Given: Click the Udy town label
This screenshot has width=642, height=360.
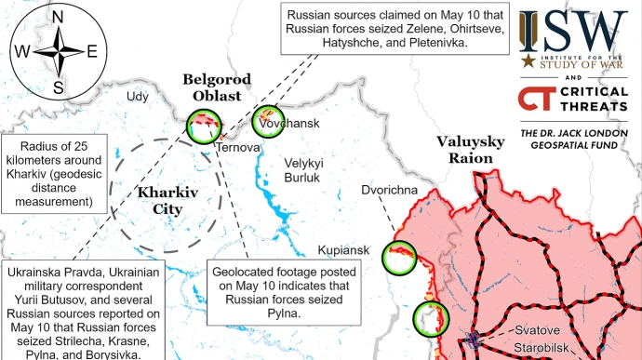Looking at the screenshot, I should coord(138,96).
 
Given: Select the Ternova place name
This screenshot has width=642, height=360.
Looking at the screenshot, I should coord(236,147).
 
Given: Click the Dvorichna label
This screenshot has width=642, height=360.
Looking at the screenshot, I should coord(391,192).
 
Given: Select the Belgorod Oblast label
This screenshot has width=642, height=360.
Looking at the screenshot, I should coord(212,87).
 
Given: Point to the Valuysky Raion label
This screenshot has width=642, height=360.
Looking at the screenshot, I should coord(469,150).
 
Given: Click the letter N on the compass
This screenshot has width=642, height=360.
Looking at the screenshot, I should coord(58,17).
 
